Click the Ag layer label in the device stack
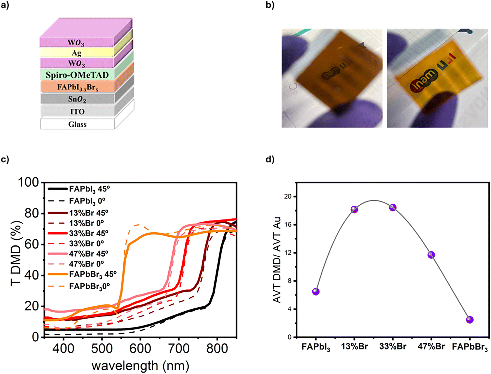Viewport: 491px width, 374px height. pos(77,53)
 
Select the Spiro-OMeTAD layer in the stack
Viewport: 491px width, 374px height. pos(77,75)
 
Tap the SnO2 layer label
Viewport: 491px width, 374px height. pos(77,99)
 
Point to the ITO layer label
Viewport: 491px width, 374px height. pos(77,112)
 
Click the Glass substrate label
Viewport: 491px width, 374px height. pos(77,124)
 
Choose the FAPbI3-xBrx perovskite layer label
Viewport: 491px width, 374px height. pos(77,87)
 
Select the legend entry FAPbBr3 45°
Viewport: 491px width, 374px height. pos(92,274)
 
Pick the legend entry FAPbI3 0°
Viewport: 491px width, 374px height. pos(87,201)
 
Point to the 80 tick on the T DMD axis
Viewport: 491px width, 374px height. pos(32,213)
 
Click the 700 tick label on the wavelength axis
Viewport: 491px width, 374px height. pos(179,348)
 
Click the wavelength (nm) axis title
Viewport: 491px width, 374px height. pos(140,366)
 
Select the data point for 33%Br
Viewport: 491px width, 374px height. pos(393,208)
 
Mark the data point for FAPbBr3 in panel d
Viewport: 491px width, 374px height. pos(469,320)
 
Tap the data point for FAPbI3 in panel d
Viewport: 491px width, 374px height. pos(316,291)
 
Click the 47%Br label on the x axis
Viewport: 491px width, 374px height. pos(431,346)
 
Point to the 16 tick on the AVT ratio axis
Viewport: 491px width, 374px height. pos(288,224)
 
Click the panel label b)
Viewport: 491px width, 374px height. pos(270,5)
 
